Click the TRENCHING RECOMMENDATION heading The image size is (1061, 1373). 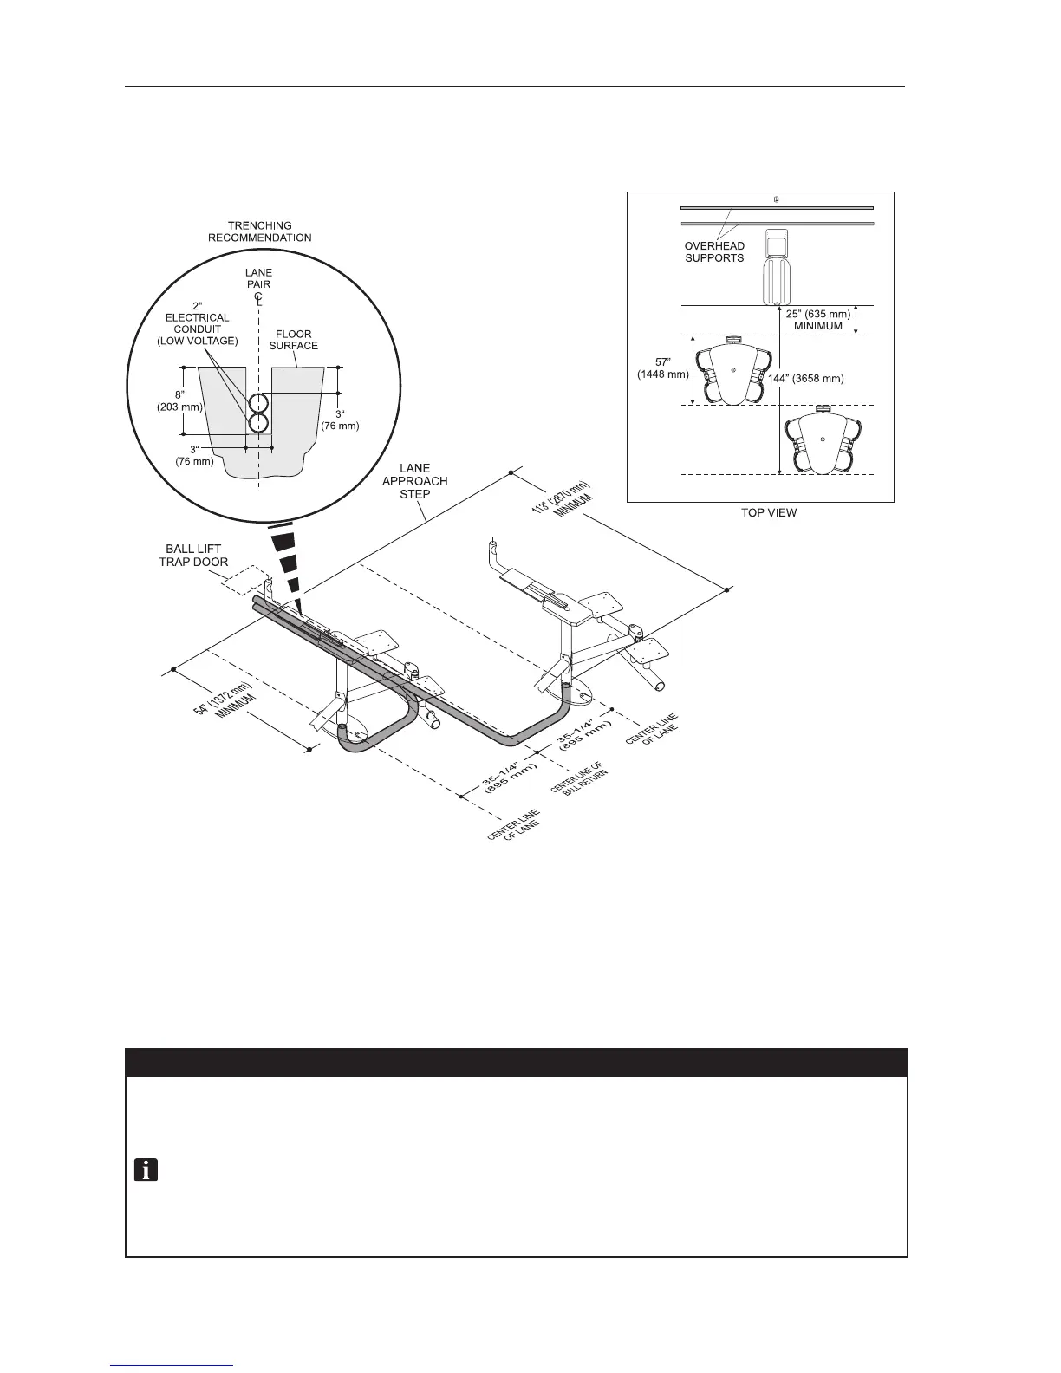tap(259, 231)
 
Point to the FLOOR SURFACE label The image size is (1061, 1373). tap(294, 340)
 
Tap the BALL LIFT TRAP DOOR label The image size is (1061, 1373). tap(197, 555)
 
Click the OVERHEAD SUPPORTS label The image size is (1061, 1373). tap(714, 251)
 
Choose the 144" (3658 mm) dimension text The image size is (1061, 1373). tap(806, 379)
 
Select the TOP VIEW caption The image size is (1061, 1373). tap(769, 512)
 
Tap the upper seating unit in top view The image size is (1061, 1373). tap(733, 370)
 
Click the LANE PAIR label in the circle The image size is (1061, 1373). tap(258, 278)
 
